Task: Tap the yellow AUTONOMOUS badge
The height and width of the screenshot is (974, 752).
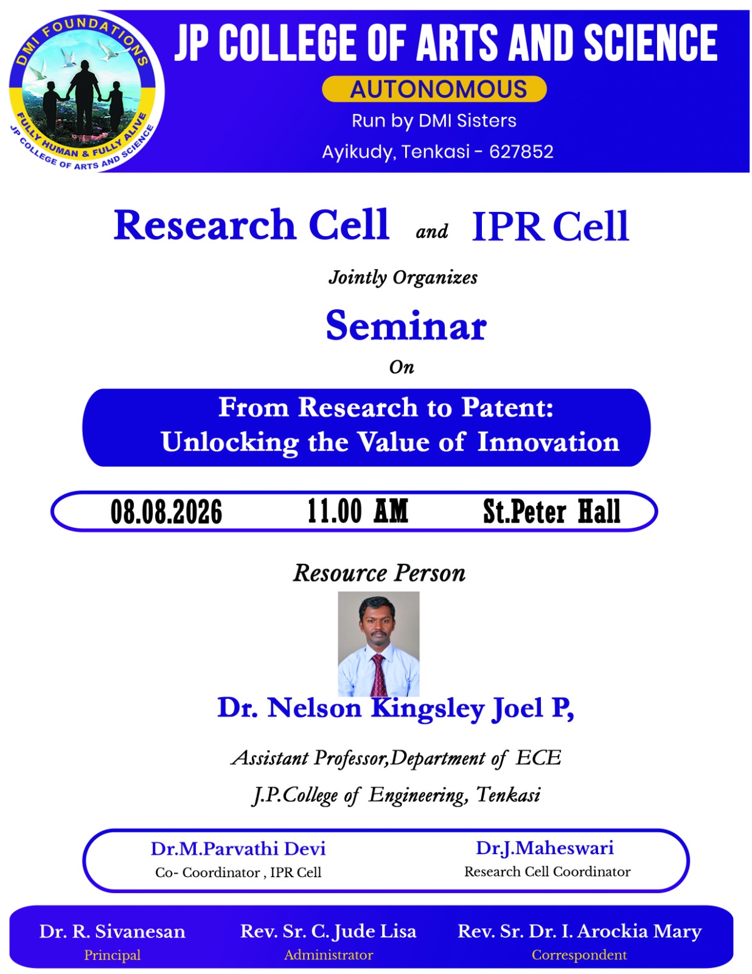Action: (x=434, y=89)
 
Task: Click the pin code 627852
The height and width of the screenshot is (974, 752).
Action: (x=521, y=152)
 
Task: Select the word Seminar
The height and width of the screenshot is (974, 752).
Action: (x=406, y=326)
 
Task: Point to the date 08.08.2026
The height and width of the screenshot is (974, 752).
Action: (x=166, y=511)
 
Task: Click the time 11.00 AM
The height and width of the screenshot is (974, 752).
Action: (x=358, y=511)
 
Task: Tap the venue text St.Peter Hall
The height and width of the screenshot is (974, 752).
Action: (x=551, y=511)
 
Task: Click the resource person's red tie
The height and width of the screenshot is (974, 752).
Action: (x=379, y=674)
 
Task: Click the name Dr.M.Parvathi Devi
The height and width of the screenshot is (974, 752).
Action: (x=238, y=849)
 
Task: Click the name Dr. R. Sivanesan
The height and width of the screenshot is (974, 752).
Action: (x=112, y=931)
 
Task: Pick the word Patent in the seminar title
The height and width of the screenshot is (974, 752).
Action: (x=507, y=407)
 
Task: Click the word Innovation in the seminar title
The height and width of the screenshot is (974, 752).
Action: (x=548, y=443)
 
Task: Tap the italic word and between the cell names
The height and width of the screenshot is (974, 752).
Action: (x=432, y=231)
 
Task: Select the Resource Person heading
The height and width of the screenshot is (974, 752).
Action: (x=379, y=573)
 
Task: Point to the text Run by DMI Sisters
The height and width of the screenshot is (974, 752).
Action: (x=434, y=121)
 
